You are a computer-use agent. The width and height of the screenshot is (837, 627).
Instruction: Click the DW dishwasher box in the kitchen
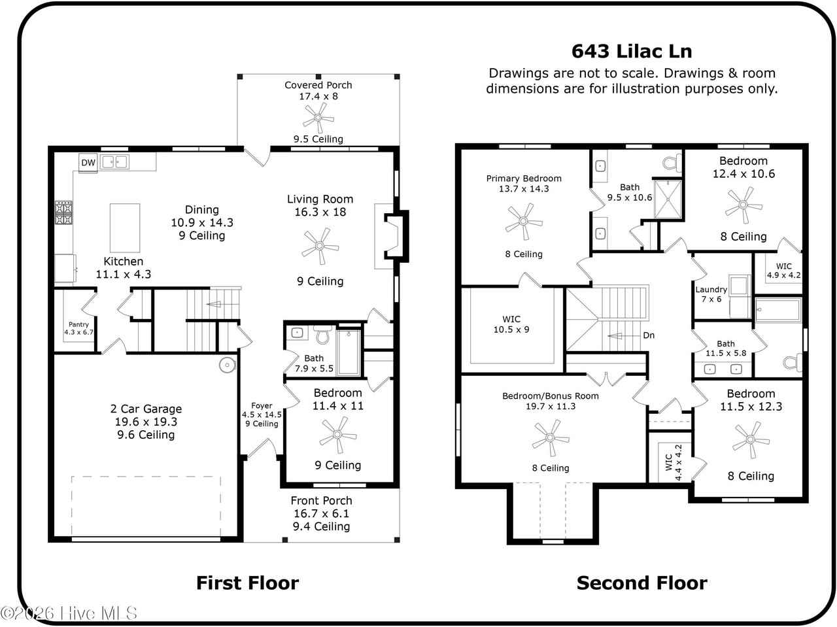coord(88,163)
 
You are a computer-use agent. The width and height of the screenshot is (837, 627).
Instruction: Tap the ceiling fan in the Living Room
coord(320,246)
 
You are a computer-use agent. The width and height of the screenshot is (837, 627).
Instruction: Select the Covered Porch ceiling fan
coord(318,118)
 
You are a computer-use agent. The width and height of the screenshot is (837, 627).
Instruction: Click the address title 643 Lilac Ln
coord(632,51)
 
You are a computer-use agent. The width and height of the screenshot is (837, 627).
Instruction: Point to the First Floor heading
coord(247,583)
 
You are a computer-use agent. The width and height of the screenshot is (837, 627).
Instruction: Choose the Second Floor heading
coord(641,583)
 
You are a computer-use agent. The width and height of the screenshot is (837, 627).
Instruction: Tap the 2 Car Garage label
coord(146,409)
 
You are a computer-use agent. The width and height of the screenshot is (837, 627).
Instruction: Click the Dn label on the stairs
coord(649,335)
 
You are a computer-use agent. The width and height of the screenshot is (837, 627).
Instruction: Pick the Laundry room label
coord(711,290)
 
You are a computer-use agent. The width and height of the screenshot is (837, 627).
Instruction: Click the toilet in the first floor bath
coord(321,335)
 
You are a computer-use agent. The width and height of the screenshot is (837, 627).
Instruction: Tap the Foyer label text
coord(262,405)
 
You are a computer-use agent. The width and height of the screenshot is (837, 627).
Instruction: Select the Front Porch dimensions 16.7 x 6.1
coord(321,513)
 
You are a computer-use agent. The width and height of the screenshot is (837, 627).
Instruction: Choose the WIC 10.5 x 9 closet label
coord(511,324)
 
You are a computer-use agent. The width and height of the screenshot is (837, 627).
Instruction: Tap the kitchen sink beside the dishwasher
coord(114,161)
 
